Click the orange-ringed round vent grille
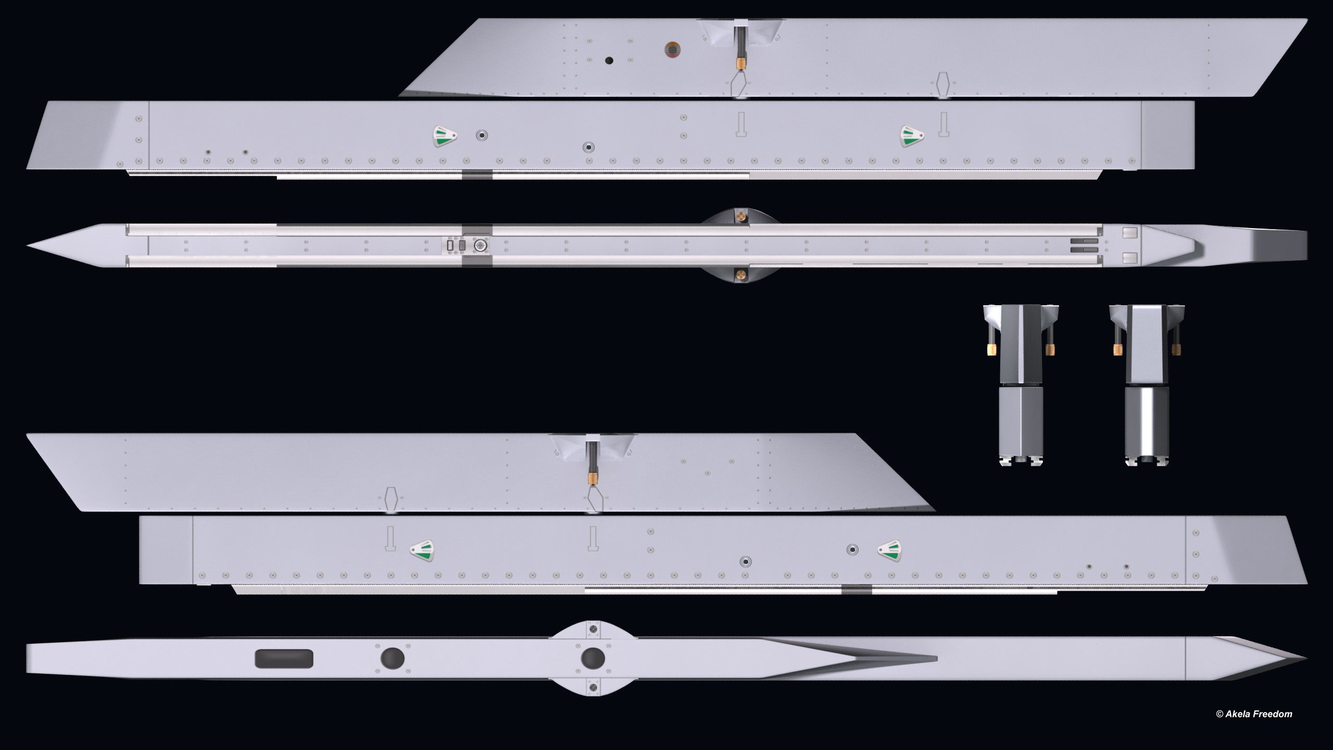pyautogui.click(x=672, y=50)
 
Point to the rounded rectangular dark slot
pyautogui.click(x=284, y=658)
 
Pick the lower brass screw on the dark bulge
pyautogui.click(x=740, y=274)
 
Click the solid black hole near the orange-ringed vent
pyautogui.click(x=609, y=61)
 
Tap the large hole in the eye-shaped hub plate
pyautogui.click(x=593, y=658)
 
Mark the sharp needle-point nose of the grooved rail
pyautogui.click(x=29, y=245)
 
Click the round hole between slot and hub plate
pyautogui.click(x=392, y=658)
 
